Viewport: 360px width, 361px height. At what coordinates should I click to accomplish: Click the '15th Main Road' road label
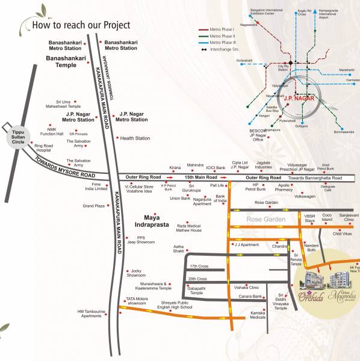tap(199, 178)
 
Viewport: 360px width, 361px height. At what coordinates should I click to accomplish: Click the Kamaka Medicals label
tap(258, 315)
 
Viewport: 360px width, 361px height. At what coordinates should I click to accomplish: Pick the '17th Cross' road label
tap(198, 266)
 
